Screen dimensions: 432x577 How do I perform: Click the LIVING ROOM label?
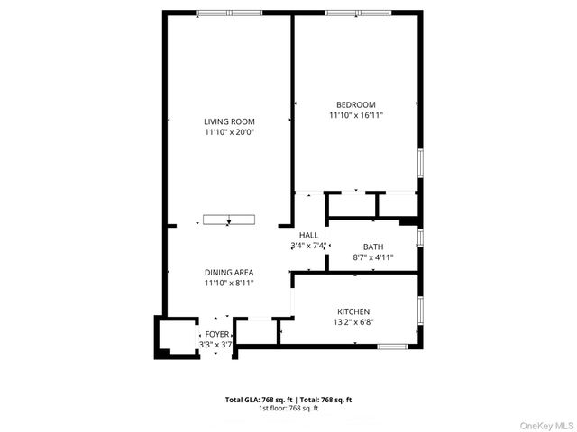pos(229,121)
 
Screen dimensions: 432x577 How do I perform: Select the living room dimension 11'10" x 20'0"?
pos(229,132)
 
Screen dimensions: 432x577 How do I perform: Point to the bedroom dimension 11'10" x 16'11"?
pos(356,115)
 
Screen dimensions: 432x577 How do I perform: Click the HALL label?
pos(309,235)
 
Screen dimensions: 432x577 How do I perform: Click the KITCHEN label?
pos(353,311)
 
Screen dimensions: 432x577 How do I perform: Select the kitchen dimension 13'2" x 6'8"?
pos(353,322)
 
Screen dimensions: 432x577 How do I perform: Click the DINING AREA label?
pos(228,273)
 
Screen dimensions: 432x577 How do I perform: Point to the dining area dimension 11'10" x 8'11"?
pos(228,283)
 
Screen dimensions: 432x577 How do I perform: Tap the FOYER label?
pos(216,334)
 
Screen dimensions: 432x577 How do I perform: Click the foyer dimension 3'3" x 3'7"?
pos(216,344)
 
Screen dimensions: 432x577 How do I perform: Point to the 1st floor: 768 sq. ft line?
pos(288,409)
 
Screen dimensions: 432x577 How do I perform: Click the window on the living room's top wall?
pos(229,13)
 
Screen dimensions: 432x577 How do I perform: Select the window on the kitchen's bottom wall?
pos(392,346)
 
